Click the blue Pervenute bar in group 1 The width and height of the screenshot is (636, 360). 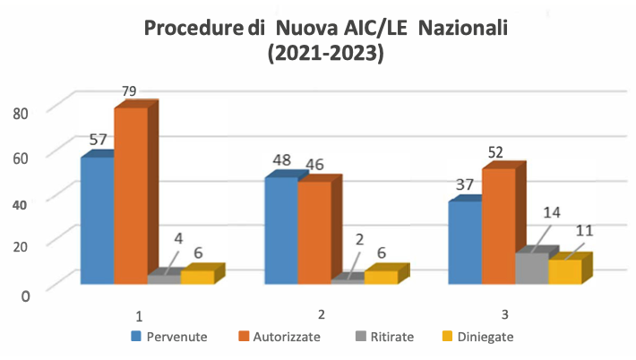point(97,220)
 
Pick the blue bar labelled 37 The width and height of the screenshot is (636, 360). point(464,243)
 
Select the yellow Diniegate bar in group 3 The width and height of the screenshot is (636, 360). point(564,272)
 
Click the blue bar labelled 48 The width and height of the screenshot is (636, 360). point(280,230)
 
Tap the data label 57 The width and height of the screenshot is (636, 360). point(99,140)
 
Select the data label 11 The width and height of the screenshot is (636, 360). point(584,230)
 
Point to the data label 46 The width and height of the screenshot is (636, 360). point(316,165)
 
